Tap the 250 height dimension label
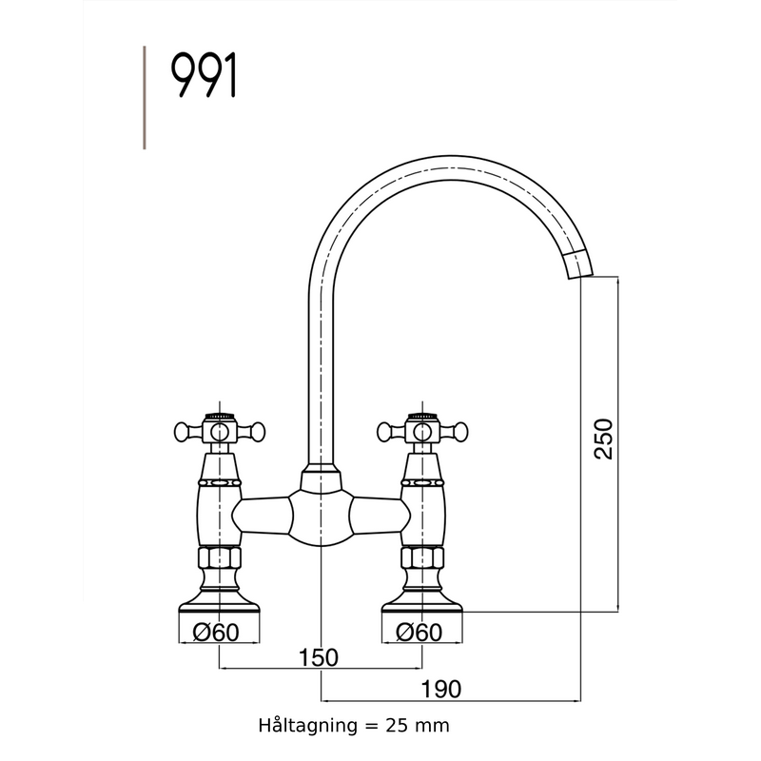click(x=603, y=439)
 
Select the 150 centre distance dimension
click(x=319, y=657)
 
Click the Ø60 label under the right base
click(x=420, y=632)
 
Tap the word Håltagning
click(x=304, y=725)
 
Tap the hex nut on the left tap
click(x=220, y=558)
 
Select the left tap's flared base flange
click(x=220, y=599)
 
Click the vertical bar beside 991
click(x=144, y=97)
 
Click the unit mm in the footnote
click(x=436, y=725)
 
